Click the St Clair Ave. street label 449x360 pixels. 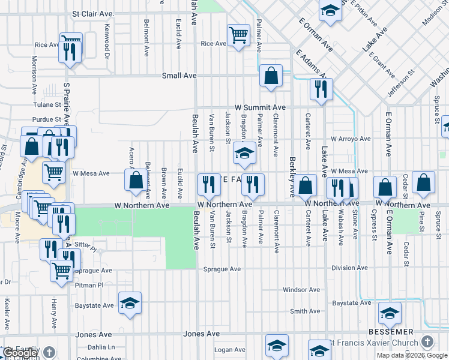tap(92, 13)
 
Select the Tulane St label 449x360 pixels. tap(47, 103)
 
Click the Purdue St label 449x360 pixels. tap(47, 120)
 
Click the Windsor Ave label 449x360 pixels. tap(301, 290)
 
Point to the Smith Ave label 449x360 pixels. tap(305, 311)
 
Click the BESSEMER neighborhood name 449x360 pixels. tap(396, 331)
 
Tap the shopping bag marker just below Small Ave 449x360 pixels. tap(271, 76)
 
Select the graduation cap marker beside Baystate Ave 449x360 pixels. tap(129, 303)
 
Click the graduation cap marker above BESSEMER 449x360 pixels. tap(390, 313)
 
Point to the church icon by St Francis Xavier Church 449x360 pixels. tap(427, 341)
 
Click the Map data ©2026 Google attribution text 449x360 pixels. tap(411, 355)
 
